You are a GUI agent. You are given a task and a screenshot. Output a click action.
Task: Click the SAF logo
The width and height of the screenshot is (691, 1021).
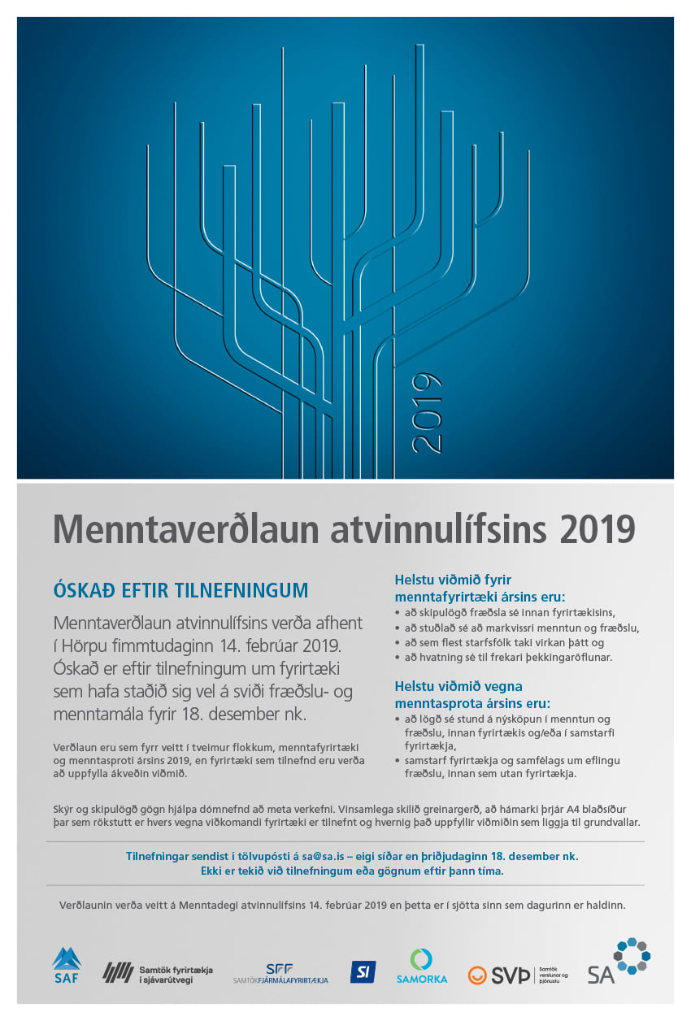(67, 966)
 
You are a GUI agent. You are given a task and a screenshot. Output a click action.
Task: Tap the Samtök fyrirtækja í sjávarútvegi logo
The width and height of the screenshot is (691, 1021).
(158, 972)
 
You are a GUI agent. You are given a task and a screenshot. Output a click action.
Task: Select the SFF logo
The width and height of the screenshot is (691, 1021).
(280, 973)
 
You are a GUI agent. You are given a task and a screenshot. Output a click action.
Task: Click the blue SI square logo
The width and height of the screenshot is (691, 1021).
(363, 971)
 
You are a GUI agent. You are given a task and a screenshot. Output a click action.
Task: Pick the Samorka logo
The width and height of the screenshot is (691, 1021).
(422, 966)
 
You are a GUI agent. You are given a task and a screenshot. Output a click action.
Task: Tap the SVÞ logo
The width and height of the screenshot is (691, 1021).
(517, 974)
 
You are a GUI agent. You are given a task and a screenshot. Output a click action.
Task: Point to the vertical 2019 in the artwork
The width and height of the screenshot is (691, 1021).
(427, 412)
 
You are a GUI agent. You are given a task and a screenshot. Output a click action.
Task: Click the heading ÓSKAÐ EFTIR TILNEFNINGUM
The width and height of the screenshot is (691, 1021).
(180, 590)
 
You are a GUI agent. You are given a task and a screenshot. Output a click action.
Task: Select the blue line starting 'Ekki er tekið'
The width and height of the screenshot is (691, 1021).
(351, 871)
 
